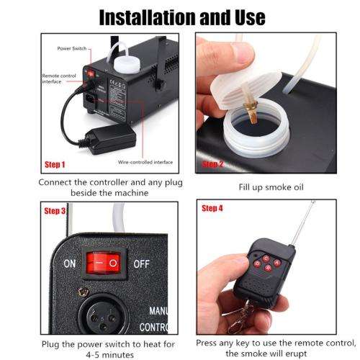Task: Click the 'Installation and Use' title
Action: click(180, 15)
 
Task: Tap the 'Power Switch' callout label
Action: click(71, 48)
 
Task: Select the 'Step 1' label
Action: click(55, 164)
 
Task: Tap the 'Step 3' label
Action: click(55, 211)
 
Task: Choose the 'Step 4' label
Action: click(212, 208)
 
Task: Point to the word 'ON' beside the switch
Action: click(69, 264)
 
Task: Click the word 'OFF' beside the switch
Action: click(140, 264)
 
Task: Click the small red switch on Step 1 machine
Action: click(90, 73)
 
